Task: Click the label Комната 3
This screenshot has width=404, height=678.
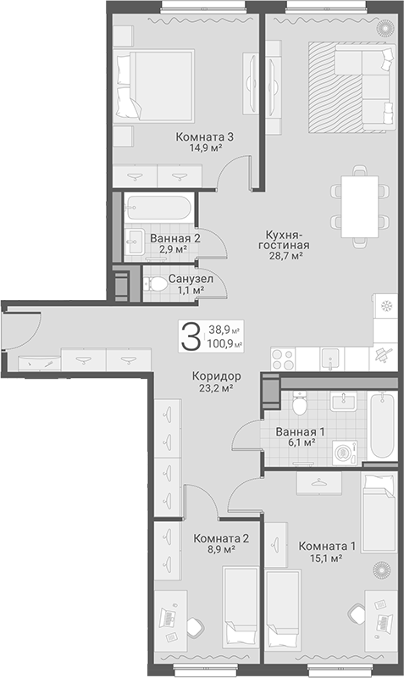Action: point(204,137)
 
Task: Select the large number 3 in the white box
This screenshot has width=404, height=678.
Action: point(191,336)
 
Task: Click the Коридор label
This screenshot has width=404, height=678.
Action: point(217,376)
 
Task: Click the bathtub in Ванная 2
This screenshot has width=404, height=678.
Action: point(158,208)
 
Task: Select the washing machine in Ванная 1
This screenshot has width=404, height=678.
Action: point(345,453)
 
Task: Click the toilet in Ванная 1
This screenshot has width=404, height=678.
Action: point(299,403)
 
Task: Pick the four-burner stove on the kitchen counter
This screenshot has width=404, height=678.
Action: point(283,359)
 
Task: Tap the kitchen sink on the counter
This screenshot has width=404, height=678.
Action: point(329,359)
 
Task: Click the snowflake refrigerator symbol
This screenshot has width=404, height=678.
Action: point(385,307)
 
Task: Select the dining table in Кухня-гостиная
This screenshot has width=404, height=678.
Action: point(359,207)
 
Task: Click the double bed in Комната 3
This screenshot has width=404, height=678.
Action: point(155,85)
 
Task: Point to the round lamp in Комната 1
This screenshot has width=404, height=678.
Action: point(381,570)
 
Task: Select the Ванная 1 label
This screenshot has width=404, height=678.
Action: point(301,431)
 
